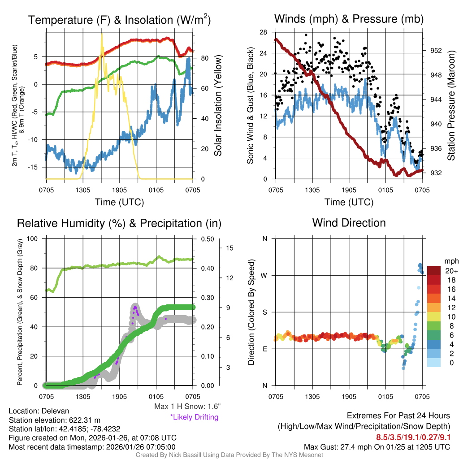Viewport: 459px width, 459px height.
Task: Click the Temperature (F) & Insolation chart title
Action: click(119, 20)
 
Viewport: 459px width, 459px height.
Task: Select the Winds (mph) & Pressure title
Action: click(349, 19)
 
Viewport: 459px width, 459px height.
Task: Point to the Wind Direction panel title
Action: click(349, 222)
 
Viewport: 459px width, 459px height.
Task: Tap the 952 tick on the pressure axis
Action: click(436, 51)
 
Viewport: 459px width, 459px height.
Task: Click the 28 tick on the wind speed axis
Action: click(264, 32)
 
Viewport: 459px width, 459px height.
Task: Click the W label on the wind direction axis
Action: click(264, 275)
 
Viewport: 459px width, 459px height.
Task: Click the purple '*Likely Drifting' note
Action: click(194, 417)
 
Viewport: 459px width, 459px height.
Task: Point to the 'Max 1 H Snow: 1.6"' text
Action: click(187, 407)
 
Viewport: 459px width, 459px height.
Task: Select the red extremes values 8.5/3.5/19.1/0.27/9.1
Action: click(413, 437)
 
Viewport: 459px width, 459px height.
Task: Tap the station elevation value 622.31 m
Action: click(82, 420)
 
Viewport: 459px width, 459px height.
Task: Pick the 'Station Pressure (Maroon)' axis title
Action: click(451, 106)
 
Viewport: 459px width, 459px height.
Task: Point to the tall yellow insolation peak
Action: click(102, 36)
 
